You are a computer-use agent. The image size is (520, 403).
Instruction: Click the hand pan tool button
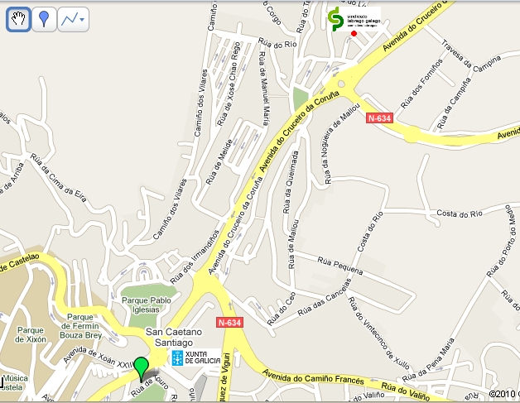tap(19, 20)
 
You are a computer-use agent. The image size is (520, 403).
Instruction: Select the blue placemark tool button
tap(45, 20)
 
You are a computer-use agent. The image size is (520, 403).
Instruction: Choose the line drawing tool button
tap(74, 20)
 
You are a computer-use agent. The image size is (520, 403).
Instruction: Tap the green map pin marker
tap(142, 367)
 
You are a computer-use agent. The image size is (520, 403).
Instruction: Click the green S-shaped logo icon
tap(335, 21)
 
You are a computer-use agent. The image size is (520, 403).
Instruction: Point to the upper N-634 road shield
tap(381, 118)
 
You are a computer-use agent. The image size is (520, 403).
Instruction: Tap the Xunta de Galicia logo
tap(195, 357)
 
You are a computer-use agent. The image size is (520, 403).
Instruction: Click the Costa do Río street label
tap(460, 212)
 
